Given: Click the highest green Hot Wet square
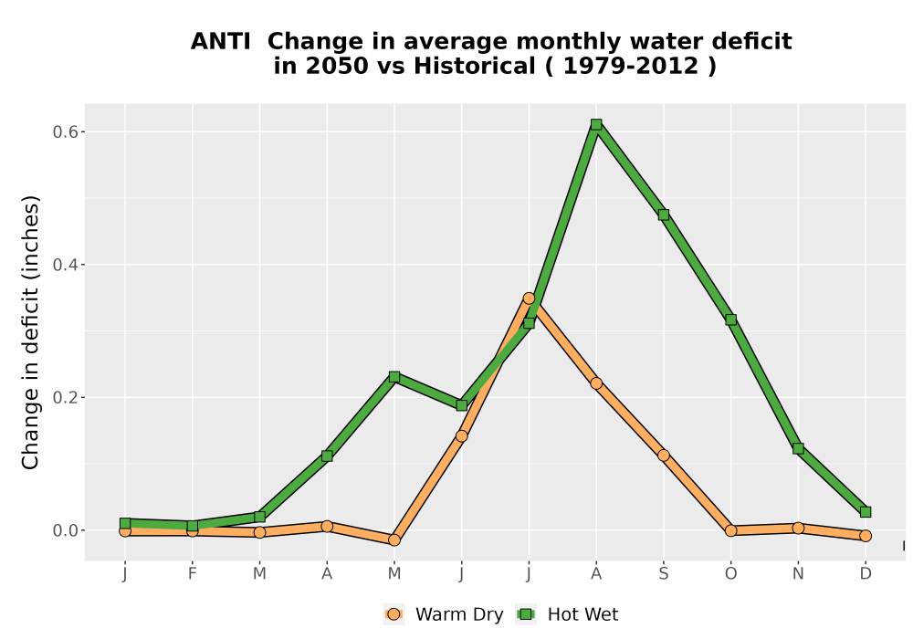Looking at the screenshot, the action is coord(596,124).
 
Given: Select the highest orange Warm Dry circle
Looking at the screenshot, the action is coord(529,299).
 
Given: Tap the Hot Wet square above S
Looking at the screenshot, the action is coord(663,215).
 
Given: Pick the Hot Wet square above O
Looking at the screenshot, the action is coord(730,319).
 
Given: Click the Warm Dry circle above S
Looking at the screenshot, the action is coord(663,456).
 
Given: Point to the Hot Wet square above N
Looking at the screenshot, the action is coord(798,449).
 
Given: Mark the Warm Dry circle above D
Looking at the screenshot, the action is coord(866,536).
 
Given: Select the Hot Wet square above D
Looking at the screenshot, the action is coord(866,512).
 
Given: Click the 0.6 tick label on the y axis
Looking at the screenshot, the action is coord(65,132).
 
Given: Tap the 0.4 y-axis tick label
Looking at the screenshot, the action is coord(65,265).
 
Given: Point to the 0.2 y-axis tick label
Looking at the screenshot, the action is coord(65,397).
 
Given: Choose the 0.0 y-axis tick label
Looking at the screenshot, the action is coord(65,530).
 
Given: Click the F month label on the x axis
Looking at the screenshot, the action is coord(192,574).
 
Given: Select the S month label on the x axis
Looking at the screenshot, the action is coord(663,574).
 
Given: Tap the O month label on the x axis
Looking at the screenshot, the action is coord(730,574).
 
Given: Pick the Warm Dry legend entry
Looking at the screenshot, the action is coord(443,614).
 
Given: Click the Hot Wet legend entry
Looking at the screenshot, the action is coord(567,614).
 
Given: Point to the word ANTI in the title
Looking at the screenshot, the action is coord(221,42).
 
